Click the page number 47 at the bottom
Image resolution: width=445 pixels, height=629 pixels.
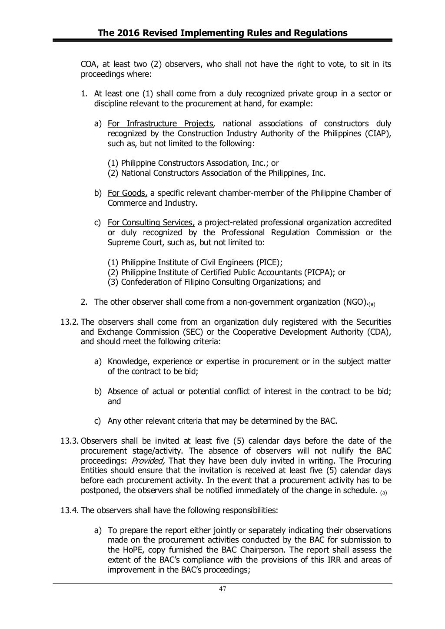(x=222, y=589)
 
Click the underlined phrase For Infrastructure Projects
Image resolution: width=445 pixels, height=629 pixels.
(x=160, y=124)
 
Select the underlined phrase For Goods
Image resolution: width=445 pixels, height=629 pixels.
(x=128, y=193)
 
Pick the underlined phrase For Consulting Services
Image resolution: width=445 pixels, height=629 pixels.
(x=151, y=223)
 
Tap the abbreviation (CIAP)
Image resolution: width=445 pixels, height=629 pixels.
(x=378, y=133)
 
